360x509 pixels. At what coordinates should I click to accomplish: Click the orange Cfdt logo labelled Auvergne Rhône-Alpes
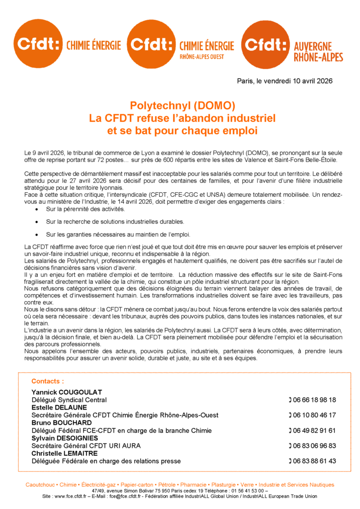tap(292, 45)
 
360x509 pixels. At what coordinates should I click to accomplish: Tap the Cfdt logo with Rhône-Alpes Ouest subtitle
tap(180, 45)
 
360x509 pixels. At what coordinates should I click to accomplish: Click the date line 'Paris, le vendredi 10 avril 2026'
tap(284, 81)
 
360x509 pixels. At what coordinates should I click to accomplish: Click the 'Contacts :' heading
tap(48, 381)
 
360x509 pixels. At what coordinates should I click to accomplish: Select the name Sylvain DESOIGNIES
tap(65, 438)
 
